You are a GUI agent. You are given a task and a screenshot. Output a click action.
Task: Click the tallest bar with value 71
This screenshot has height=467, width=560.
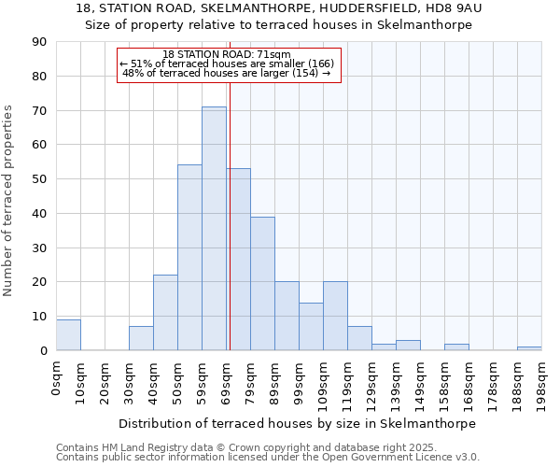(x=214, y=229)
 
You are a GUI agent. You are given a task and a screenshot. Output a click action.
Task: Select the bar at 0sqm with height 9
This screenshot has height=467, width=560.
(x=68, y=334)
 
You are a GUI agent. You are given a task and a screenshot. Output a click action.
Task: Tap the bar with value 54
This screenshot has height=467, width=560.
(x=189, y=258)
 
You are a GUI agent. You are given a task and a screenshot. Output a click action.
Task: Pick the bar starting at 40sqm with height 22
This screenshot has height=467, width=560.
(x=165, y=313)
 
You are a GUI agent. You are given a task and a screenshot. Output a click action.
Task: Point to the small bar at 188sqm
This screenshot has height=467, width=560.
(x=529, y=348)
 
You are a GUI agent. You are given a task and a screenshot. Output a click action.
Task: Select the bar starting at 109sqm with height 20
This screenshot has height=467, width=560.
(x=335, y=316)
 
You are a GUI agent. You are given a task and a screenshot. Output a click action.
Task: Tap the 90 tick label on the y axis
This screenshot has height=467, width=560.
(x=39, y=42)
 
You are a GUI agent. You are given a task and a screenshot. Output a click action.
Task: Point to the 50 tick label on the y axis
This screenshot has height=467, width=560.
(x=39, y=179)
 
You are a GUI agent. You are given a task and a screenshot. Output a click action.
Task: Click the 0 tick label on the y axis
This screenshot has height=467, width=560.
(x=43, y=350)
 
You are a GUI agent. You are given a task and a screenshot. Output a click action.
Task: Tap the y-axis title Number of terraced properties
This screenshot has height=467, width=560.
(x=9, y=201)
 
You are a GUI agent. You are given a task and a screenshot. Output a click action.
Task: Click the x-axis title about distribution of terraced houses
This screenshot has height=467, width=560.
(x=298, y=423)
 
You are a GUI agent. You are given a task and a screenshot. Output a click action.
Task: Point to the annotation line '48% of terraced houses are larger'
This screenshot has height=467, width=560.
(x=226, y=73)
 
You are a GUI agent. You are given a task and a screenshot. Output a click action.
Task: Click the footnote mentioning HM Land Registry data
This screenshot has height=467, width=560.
(x=240, y=447)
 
